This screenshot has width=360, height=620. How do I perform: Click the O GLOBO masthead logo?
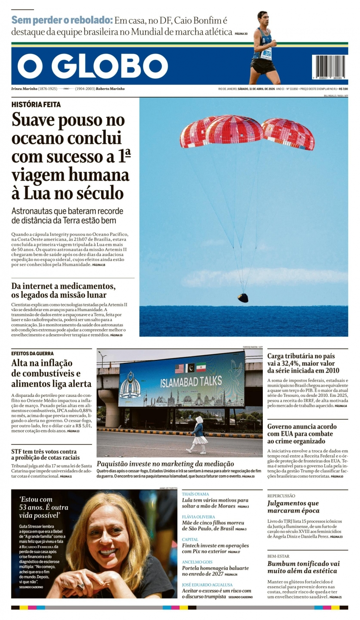(93, 67)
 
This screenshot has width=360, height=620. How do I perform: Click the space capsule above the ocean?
(242, 297)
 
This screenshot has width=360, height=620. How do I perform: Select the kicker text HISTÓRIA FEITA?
(36, 104)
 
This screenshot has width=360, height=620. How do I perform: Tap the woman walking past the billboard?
(198, 435)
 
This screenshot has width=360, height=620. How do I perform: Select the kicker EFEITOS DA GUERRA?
(32, 353)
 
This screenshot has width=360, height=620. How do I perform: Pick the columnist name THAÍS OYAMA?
(195, 494)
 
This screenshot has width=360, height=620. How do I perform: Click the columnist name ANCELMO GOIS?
(197, 562)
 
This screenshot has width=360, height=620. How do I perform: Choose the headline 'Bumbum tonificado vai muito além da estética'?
(304, 567)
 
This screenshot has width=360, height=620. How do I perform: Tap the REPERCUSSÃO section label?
(281, 496)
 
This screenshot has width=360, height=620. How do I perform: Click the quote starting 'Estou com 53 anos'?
(43, 507)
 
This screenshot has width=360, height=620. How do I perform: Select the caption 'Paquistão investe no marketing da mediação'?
(165, 464)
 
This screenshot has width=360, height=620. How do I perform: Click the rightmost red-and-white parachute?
(289, 134)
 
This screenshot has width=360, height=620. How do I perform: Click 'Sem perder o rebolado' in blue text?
(62, 20)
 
